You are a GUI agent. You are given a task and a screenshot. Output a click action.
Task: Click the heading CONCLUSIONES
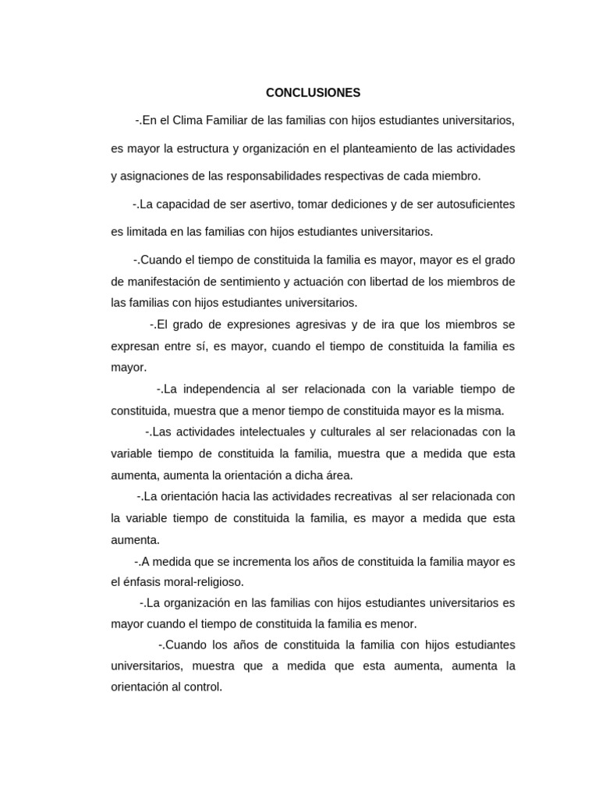(x=313, y=93)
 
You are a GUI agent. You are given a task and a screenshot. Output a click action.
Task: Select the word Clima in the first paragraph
(x=186, y=120)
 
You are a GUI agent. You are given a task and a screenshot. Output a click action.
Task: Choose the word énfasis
(x=144, y=582)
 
